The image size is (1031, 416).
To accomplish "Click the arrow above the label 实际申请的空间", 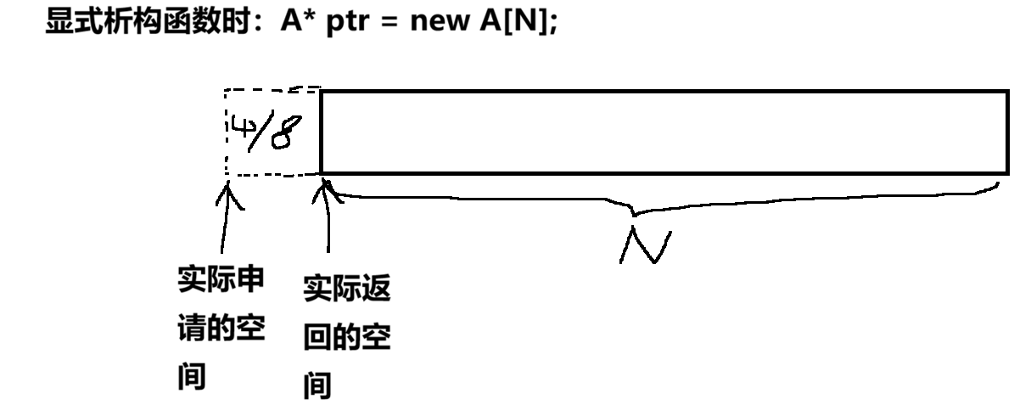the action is (x=225, y=221).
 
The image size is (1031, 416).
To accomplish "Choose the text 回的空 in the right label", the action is (x=346, y=340).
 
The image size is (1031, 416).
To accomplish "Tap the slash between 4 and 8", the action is (x=260, y=132).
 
